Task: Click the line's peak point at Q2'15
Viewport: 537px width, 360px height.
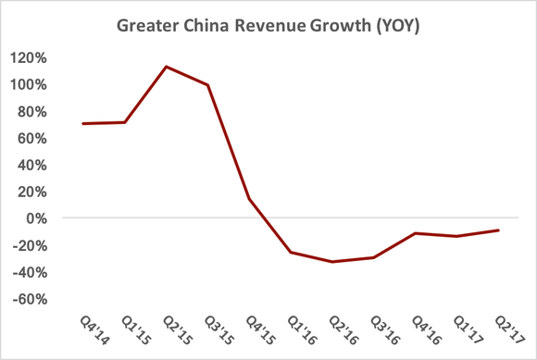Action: [x=166, y=67]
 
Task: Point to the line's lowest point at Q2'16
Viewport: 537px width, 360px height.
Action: [x=332, y=262]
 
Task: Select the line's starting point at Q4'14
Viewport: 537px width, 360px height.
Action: [x=83, y=123]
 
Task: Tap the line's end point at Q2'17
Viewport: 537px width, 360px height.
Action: [x=499, y=230]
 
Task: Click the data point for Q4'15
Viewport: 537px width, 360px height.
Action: [x=249, y=199]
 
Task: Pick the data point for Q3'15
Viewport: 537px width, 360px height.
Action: [x=207, y=85]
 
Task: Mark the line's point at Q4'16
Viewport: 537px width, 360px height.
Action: [x=416, y=233]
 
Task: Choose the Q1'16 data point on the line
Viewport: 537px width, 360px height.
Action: [x=291, y=252]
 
